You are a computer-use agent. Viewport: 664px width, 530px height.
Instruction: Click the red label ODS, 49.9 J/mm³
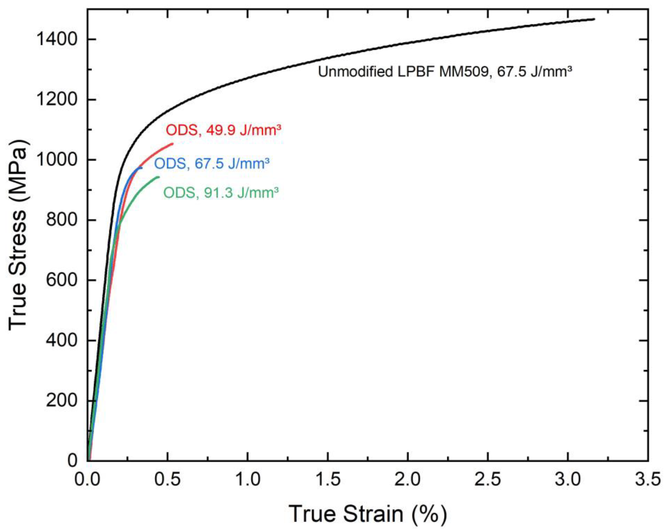pyautogui.click(x=224, y=130)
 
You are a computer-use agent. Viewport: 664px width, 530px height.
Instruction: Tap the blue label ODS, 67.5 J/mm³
pyautogui.click(x=212, y=164)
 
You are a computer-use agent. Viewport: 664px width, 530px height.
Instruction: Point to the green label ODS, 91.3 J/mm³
pyautogui.click(x=221, y=193)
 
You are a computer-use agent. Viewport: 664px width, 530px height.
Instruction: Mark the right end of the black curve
pyautogui.click(x=594, y=19)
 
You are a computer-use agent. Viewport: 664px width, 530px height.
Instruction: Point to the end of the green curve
pyautogui.click(x=159, y=177)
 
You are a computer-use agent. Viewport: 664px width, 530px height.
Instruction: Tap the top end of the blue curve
pyautogui.click(x=142, y=168)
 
